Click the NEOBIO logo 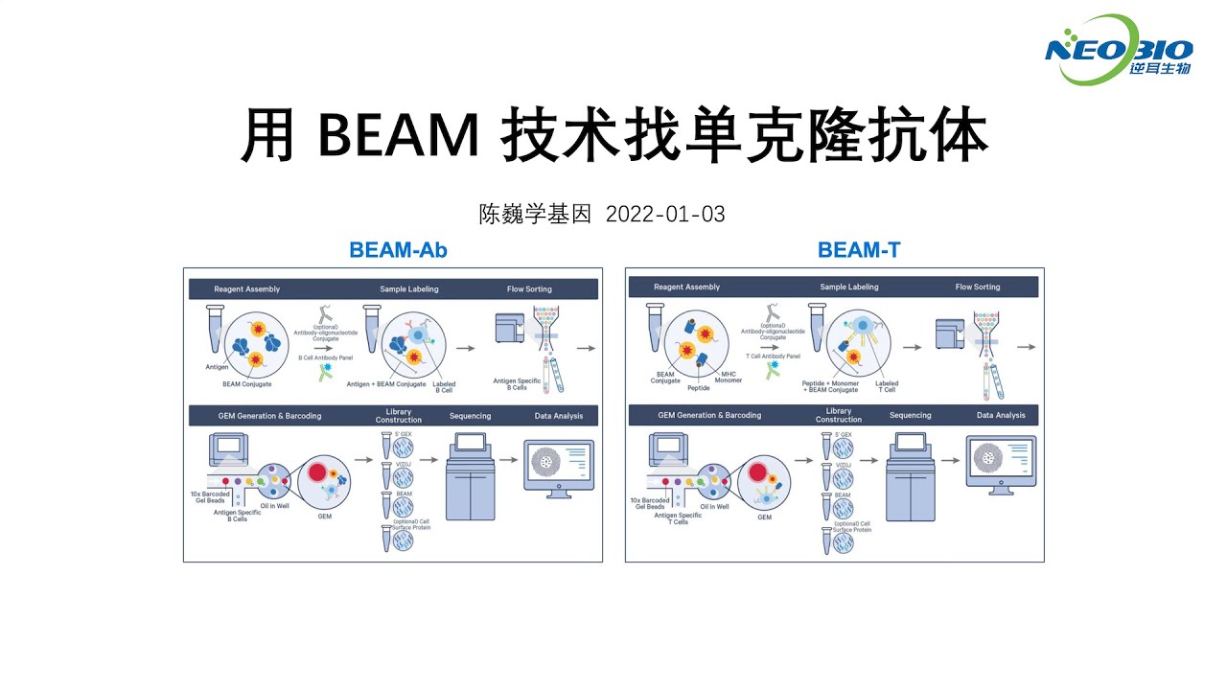coord(1119,50)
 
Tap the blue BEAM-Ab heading coord(398,250)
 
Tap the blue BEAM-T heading coord(858,250)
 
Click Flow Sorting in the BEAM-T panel coord(977,287)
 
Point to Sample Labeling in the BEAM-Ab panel coord(409,288)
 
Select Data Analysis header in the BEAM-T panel coord(1000,415)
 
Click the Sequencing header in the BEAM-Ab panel coord(470,416)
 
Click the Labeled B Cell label coord(444,387)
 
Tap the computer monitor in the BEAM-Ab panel coord(558,465)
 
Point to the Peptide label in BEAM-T coord(698,388)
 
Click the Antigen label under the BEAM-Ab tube coord(216,366)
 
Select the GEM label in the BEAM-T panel coord(764,517)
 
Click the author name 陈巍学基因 coord(537,214)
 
